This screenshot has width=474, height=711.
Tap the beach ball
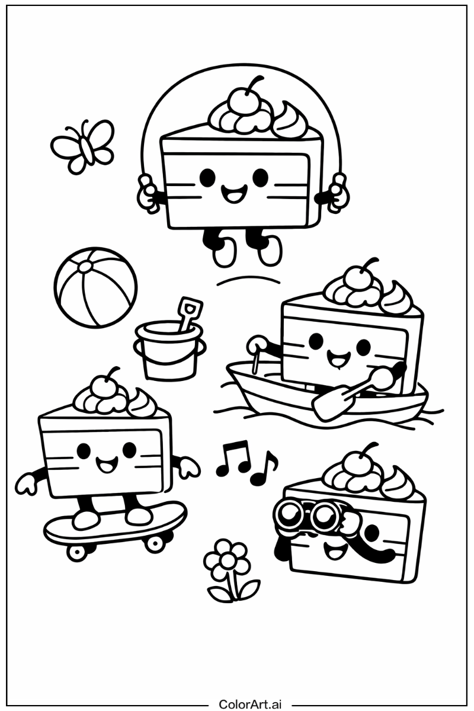[x=95, y=287]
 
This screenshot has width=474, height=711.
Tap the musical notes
[x=246, y=465]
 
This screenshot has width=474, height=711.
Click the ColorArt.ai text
[x=251, y=704]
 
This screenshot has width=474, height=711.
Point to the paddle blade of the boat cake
[x=326, y=405]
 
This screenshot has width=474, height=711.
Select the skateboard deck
[x=116, y=522]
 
